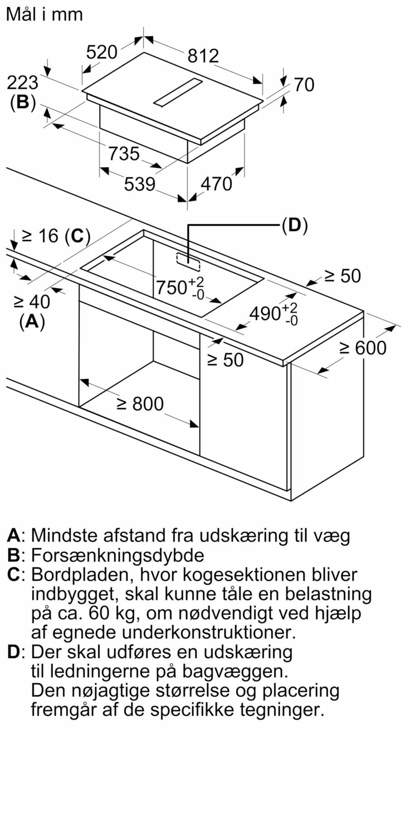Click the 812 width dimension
(203, 56)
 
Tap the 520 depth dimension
(102, 52)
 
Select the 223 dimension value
(23, 83)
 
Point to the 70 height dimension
(304, 85)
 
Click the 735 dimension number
(124, 154)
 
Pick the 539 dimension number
(140, 184)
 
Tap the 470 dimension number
(216, 184)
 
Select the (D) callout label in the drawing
(295, 225)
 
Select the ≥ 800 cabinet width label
(140, 404)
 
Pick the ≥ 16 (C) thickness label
(56, 236)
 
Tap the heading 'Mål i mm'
(44, 15)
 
